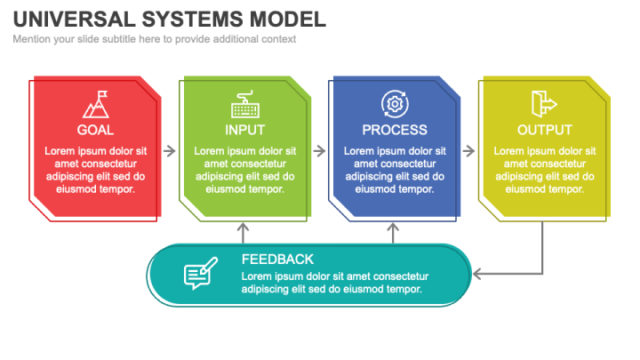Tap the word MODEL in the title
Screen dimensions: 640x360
[288, 20]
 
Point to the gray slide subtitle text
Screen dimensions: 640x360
[155, 39]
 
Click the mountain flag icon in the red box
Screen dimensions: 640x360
[96, 104]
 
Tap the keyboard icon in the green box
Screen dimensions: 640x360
[245, 104]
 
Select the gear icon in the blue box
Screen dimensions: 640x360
[395, 104]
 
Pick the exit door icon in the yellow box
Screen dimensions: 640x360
[544, 104]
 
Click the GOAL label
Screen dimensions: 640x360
[95, 130]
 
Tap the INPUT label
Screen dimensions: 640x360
[245, 130]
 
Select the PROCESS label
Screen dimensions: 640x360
[395, 130]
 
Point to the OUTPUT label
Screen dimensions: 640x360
[545, 130]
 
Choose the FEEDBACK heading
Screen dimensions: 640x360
[277, 260]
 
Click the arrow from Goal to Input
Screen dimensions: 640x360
[170, 151]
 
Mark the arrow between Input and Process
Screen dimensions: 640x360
[319, 151]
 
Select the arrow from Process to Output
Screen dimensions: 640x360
[468, 151]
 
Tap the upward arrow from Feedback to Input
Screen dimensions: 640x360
[244, 233]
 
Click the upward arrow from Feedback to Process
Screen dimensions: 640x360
[393, 233]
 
